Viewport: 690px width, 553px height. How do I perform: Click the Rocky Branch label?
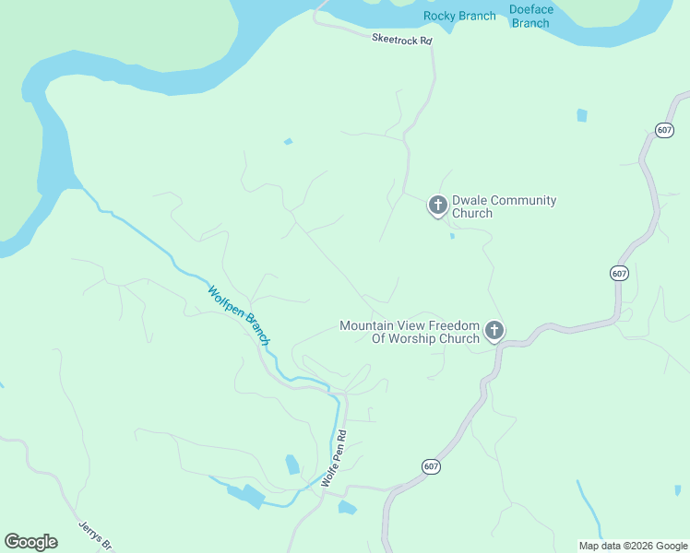pyautogui.click(x=459, y=16)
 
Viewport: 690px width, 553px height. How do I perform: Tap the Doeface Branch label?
pyautogui.click(x=531, y=17)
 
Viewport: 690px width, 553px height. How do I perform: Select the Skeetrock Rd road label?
pyautogui.click(x=402, y=40)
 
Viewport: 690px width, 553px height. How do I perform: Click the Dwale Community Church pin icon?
pyautogui.click(x=437, y=205)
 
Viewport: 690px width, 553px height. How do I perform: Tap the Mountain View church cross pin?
pyautogui.click(x=494, y=330)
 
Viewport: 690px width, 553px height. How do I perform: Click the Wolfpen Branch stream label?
pyautogui.click(x=239, y=315)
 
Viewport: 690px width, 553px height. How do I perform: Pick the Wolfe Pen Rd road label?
pyautogui.click(x=334, y=458)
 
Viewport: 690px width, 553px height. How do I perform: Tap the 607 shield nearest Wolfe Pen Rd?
pyautogui.click(x=431, y=467)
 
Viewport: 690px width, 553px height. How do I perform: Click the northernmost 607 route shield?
pyautogui.click(x=664, y=130)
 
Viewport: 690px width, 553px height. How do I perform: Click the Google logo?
pyautogui.click(x=30, y=542)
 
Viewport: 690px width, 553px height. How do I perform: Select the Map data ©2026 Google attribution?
pyautogui.click(x=634, y=546)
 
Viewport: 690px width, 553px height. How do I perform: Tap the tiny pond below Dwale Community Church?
pyautogui.click(x=452, y=236)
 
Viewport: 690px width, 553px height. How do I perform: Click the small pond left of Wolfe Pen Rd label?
pyautogui.click(x=292, y=464)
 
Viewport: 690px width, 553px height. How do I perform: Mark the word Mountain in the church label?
pyautogui.click(x=367, y=325)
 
